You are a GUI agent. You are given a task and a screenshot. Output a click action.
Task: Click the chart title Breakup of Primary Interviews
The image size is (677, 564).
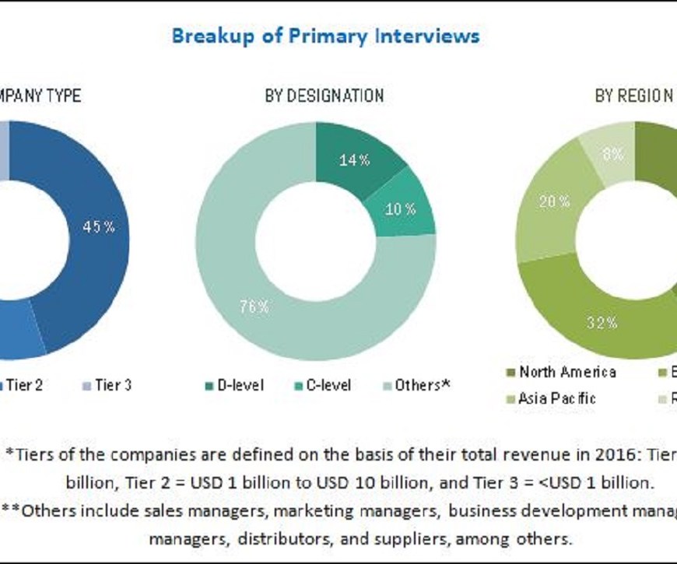coord(325,36)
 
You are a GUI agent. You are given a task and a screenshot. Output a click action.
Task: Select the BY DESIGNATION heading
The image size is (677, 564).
coord(324,96)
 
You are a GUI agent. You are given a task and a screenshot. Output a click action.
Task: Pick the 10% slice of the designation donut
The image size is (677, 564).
coord(402,208)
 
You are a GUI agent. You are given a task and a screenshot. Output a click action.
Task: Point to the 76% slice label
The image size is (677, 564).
coord(254,307)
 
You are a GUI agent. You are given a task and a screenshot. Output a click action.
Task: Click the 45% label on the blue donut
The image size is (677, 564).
coord(100,227)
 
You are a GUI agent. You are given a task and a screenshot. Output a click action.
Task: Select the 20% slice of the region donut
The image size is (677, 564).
coord(555,201)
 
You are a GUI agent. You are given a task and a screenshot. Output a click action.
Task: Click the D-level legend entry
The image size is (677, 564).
coord(234,385)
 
